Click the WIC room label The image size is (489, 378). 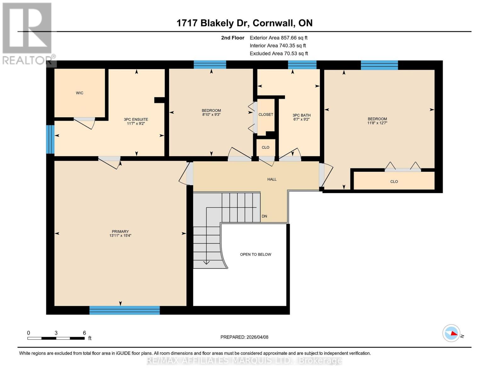(79, 93)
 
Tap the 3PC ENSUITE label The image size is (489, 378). (136, 119)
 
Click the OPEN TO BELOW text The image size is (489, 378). (255, 255)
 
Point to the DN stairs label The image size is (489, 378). (264, 216)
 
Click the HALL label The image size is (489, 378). (272, 179)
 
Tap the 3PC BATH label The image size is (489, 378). (301, 115)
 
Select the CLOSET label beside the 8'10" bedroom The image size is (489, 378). (266, 115)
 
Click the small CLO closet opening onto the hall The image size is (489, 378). (265, 147)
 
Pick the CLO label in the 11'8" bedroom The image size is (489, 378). (394, 182)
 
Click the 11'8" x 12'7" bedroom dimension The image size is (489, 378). (377, 123)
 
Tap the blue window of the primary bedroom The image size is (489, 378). (124, 310)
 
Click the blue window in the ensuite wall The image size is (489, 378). (50, 140)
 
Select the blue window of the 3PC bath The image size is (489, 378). (302, 65)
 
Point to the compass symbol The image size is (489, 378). (451, 333)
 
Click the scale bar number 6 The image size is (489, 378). (84, 333)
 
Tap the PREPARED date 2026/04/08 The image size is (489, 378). (244, 337)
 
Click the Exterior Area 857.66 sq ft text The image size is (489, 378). (278, 38)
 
